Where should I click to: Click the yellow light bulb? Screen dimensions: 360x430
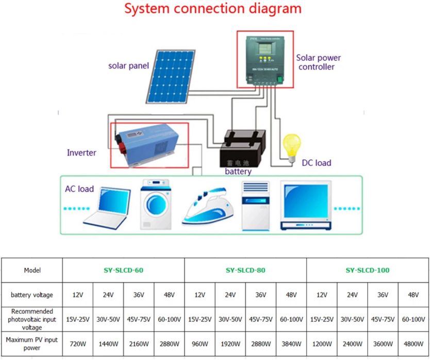292,143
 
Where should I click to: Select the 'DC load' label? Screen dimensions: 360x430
316,163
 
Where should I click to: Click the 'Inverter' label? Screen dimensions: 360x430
81,152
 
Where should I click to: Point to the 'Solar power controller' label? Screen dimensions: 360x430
318,62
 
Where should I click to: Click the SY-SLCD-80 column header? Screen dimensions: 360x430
245,270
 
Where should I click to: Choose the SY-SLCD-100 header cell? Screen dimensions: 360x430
368,270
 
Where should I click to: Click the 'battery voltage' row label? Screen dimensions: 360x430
32,295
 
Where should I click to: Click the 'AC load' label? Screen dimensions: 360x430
79,189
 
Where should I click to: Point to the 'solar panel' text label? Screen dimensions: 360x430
128,65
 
